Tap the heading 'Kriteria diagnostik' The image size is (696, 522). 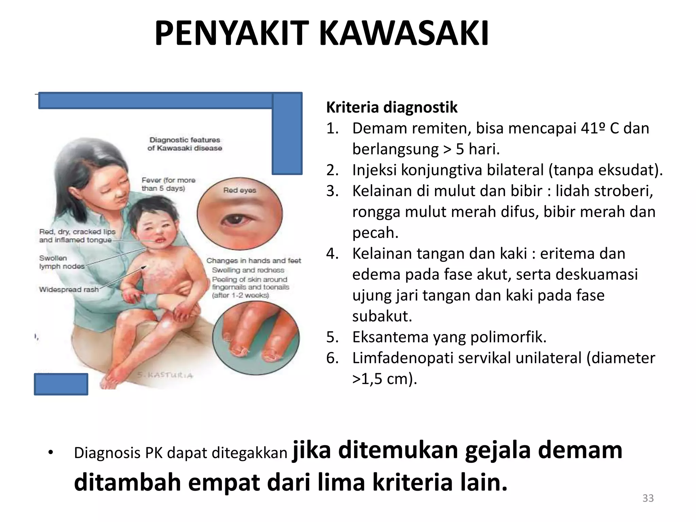click(x=391, y=107)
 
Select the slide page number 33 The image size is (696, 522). click(x=648, y=498)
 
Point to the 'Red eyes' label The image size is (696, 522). click(x=240, y=190)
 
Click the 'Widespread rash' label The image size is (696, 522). click(x=69, y=290)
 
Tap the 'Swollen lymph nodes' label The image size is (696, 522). click(x=62, y=262)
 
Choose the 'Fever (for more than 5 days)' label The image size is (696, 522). click(x=168, y=184)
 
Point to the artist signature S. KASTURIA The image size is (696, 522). click(x=165, y=375)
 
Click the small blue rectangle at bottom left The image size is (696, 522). click(x=61, y=384)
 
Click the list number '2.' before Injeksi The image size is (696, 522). click(x=333, y=170)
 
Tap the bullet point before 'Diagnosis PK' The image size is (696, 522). click(x=51, y=453)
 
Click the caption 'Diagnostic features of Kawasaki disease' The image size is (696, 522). click(x=185, y=144)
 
